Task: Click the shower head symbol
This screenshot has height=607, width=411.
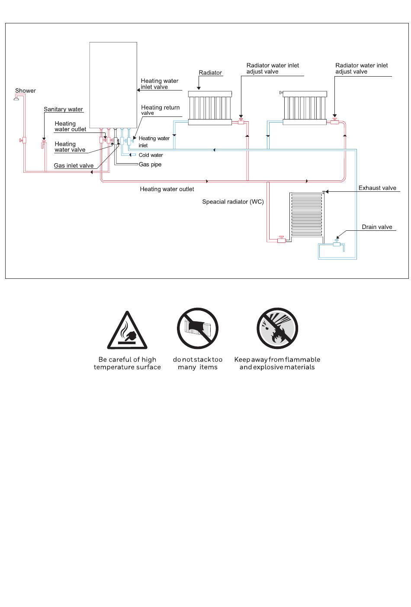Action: (x=16, y=99)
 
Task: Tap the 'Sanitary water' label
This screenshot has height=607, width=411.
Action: (x=63, y=109)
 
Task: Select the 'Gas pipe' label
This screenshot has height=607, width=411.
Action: (x=150, y=165)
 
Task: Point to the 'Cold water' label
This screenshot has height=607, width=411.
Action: (x=151, y=155)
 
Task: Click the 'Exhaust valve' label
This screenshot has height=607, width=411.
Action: (x=377, y=188)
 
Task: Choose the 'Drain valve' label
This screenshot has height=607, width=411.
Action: (x=377, y=227)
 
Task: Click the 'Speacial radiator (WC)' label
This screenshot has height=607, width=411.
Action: (x=233, y=202)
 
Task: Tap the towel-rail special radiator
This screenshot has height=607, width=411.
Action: (x=306, y=214)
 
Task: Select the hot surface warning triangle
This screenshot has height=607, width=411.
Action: (x=127, y=330)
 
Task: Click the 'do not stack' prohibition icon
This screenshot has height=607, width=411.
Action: (x=198, y=328)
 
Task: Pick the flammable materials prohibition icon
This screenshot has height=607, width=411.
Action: (x=277, y=328)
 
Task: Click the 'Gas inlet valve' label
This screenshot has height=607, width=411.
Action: (x=74, y=165)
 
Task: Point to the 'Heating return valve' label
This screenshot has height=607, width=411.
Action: (x=160, y=110)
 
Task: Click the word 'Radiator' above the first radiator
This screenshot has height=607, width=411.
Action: (x=210, y=73)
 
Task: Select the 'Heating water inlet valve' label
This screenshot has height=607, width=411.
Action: (x=160, y=84)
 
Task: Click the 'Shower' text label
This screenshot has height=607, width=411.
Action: (x=26, y=90)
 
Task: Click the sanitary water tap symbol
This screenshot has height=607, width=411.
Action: (x=44, y=144)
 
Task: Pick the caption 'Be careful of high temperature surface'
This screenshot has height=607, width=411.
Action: (x=127, y=363)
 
